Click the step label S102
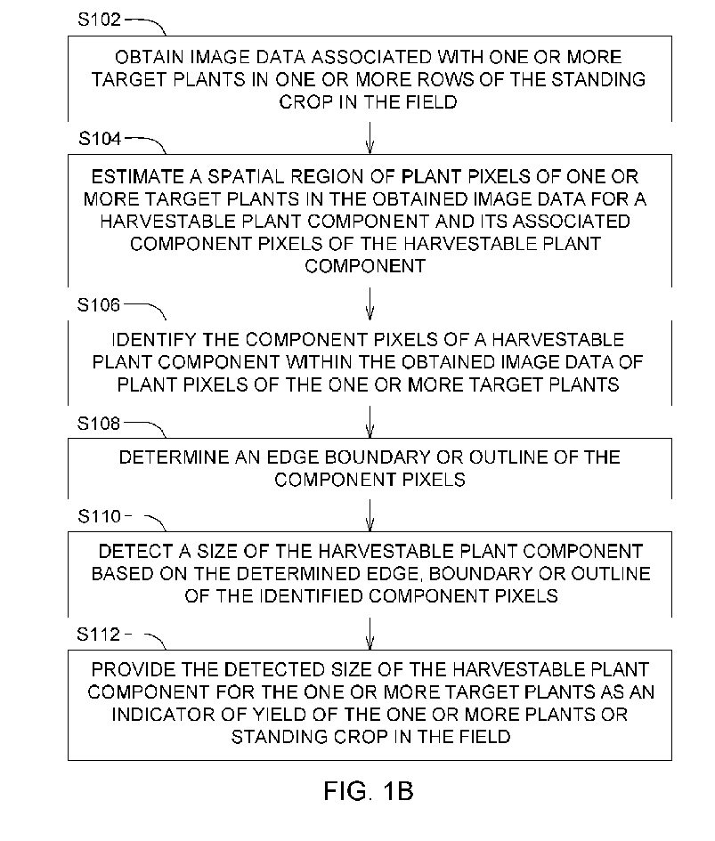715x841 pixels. (100, 20)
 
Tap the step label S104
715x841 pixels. (100, 139)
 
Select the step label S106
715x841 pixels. (99, 305)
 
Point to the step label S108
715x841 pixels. (99, 424)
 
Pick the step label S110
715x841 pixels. (100, 516)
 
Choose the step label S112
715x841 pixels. (99, 635)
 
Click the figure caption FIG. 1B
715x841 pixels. (369, 791)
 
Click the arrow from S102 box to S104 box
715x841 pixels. (370, 138)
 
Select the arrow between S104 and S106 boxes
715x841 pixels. (370, 304)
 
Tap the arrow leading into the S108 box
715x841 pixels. (370, 422)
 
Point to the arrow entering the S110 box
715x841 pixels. (370, 515)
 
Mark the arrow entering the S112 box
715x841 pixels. (370, 634)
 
